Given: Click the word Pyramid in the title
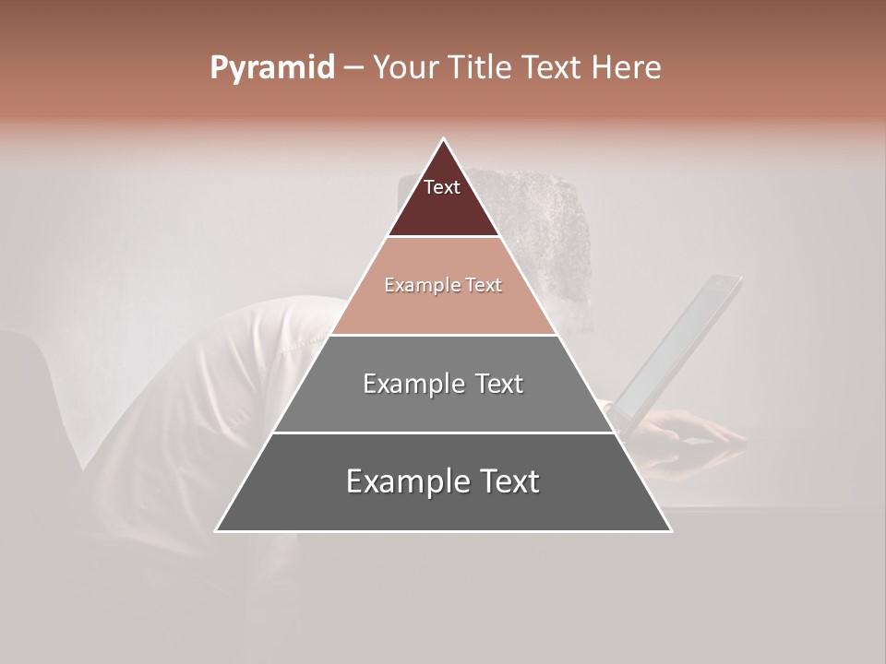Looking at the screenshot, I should pyautogui.click(x=271, y=68).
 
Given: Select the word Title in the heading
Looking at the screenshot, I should pyautogui.click(x=481, y=68).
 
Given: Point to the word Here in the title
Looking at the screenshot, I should pyautogui.click(x=626, y=68).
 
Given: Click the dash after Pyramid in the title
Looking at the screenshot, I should pyautogui.click(x=353, y=68).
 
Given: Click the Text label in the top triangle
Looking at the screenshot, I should pyautogui.click(x=442, y=187).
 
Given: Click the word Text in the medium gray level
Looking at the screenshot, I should pyautogui.click(x=498, y=384).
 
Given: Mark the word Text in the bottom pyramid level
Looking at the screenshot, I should pyautogui.click(x=510, y=481).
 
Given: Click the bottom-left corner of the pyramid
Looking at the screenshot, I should pyautogui.click(x=217, y=530).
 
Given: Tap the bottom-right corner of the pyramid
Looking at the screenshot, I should pyautogui.click(x=670, y=530).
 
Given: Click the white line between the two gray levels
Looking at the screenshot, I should pyautogui.click(x=443, y=433).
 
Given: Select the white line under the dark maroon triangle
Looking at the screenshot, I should pyautogui.click(x=443, y=237).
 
